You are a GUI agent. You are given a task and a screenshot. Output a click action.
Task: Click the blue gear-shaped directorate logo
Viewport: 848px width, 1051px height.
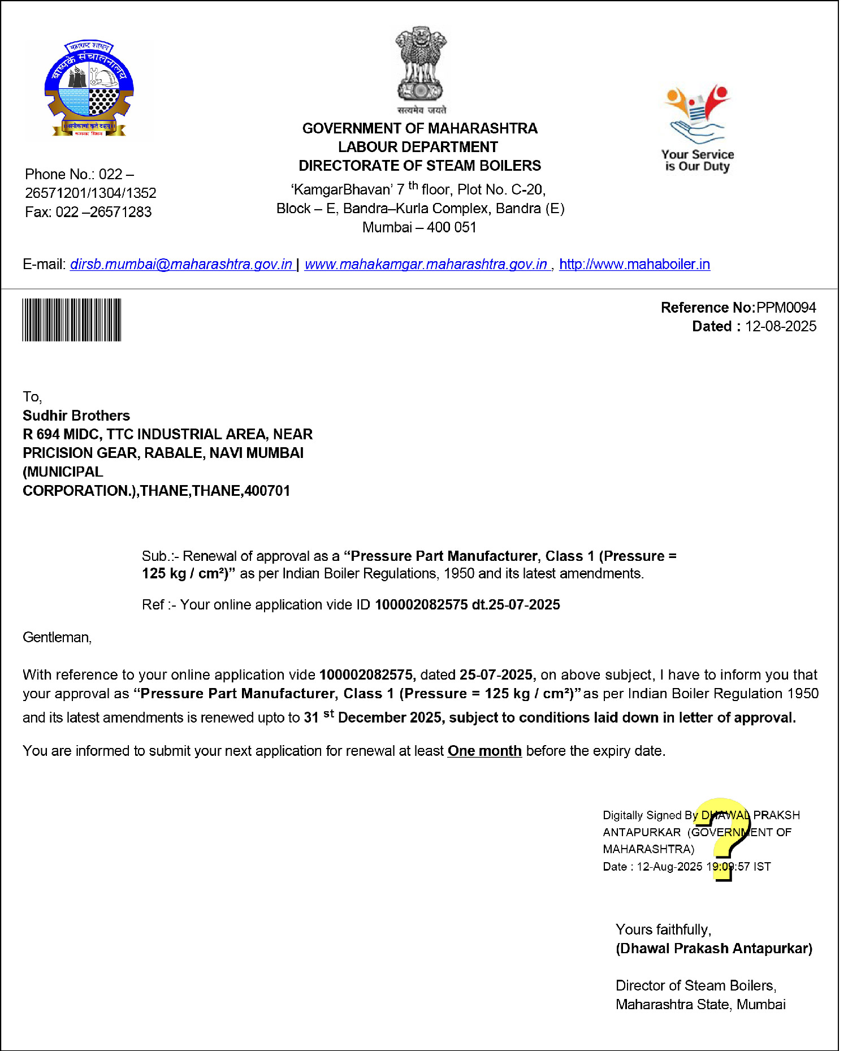(89, 89)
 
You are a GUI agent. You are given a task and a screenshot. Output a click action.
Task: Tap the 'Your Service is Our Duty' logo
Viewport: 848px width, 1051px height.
(698, 129)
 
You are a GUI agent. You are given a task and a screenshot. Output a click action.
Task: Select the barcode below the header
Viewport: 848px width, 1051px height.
(72, 320)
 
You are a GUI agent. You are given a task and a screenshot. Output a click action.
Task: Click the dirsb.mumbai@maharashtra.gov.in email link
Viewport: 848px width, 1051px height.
(181, 265)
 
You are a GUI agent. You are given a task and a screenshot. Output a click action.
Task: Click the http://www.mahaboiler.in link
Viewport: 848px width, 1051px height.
(634, 265)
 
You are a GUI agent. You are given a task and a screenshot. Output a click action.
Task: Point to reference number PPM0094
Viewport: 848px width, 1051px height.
(786, 308)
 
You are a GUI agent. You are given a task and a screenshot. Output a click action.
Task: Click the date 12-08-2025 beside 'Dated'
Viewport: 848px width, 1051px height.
(780, 326)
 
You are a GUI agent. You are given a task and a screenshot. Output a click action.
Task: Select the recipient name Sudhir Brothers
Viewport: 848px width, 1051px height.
(76, 416)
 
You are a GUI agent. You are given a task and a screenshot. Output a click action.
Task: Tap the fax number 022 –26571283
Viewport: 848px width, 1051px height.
(103, 212)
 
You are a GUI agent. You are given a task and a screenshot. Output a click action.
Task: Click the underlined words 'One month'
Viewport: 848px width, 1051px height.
(484, 751)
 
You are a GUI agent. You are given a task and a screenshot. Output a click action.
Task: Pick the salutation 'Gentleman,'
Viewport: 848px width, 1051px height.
(57, 637)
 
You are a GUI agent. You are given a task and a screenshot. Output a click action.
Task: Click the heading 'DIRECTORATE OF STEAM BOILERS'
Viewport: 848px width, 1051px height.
(419, 166)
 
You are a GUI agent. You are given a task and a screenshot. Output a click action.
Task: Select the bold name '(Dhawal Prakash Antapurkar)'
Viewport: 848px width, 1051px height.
(713, 948)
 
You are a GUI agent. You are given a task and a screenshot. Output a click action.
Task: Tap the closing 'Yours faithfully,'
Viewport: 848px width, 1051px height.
(663, 929)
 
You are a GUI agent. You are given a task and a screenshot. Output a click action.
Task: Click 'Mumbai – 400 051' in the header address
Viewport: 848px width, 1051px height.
(419, 227)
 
